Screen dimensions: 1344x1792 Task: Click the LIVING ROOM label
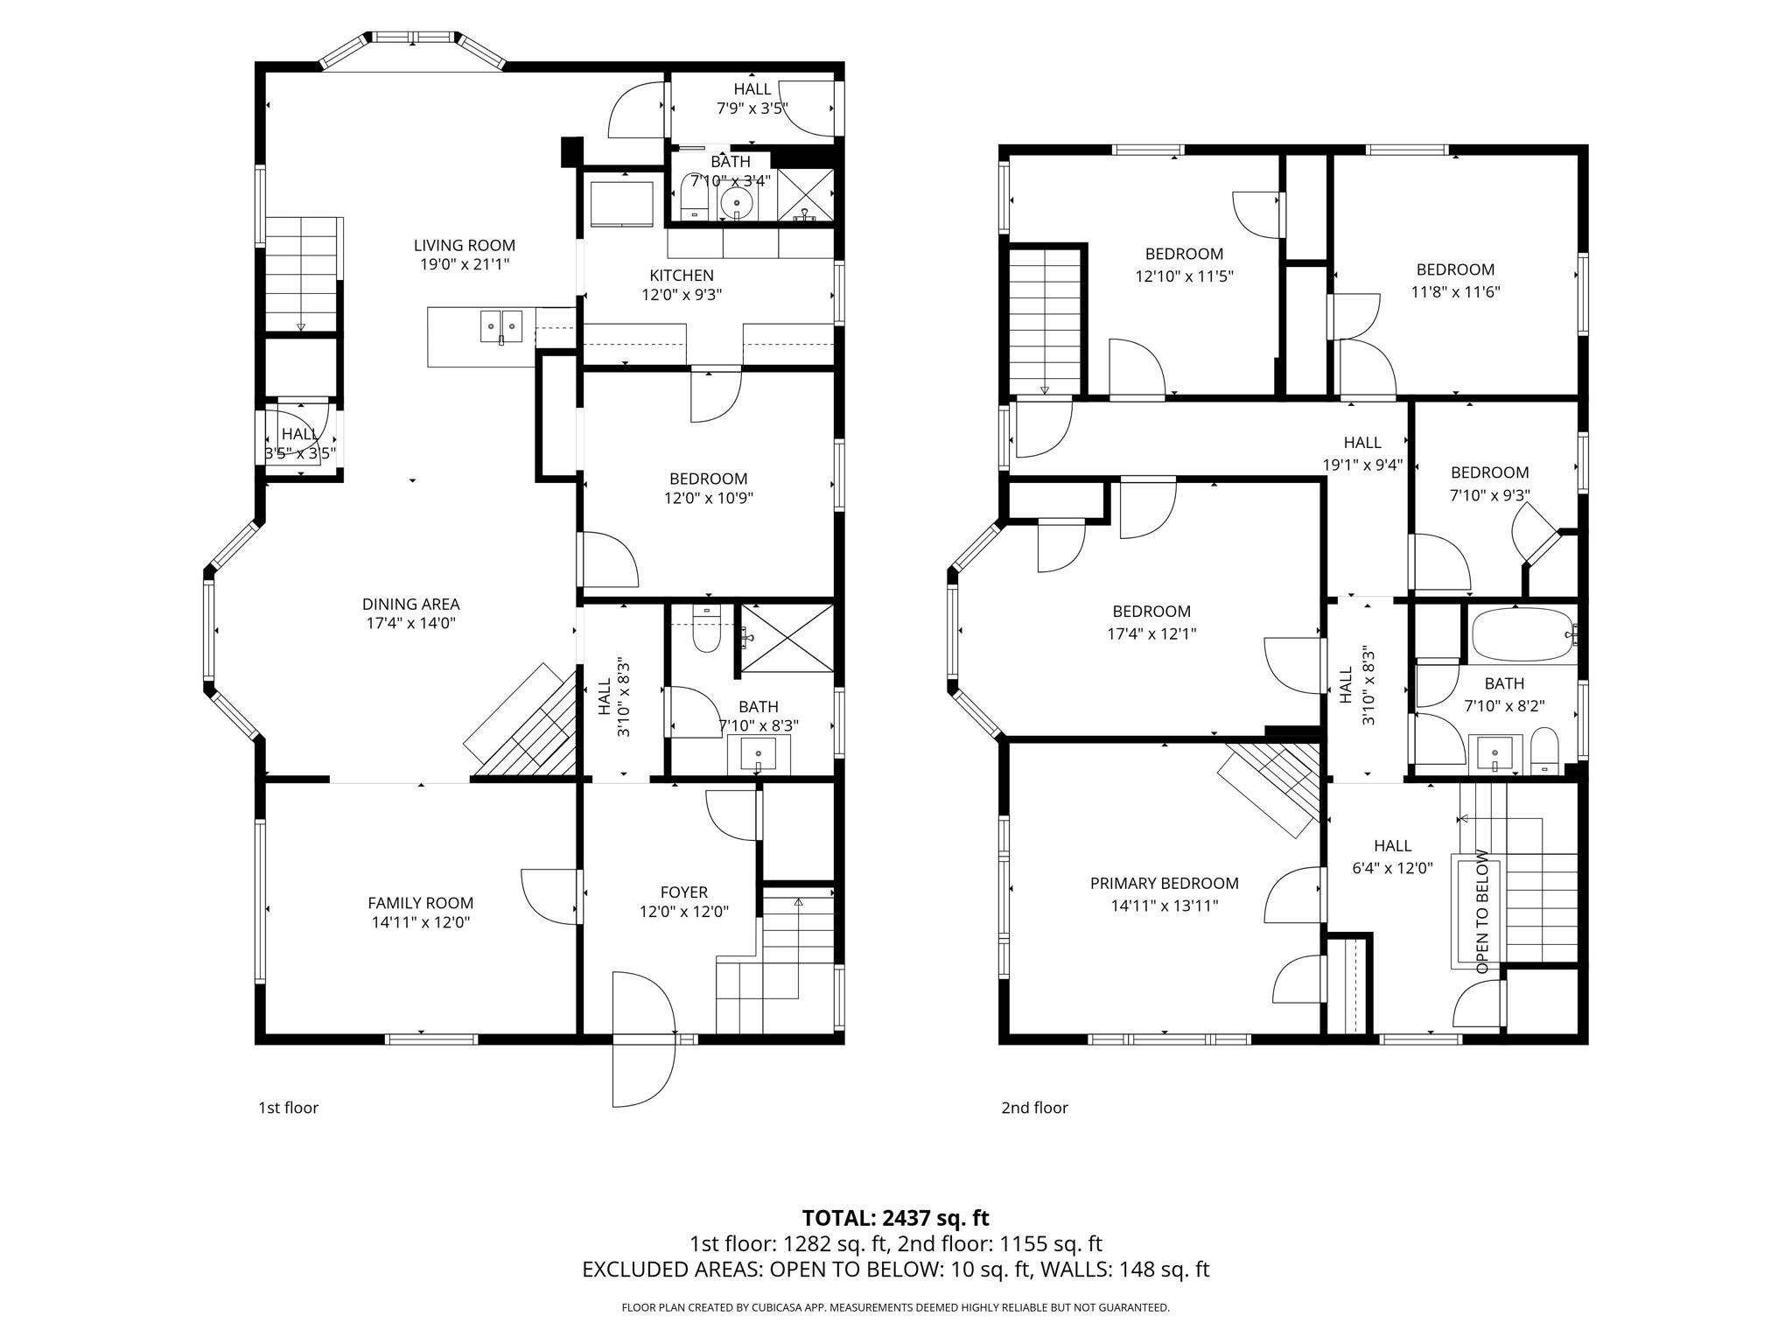point(464,246)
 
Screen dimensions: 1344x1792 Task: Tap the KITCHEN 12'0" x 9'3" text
point(682,285)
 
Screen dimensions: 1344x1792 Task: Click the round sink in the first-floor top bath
point(737,205)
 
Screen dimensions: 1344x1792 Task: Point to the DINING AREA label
point(410,605)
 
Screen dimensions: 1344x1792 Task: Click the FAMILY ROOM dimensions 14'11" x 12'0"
point(421,921)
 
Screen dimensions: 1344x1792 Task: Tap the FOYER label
point(683,892)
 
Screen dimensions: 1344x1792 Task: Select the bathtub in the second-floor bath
point(1521,635)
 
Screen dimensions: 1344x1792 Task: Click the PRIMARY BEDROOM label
point(1164,883)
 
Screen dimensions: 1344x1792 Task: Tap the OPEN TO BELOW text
point(1482,911)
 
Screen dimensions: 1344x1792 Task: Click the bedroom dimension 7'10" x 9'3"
point(1489,494)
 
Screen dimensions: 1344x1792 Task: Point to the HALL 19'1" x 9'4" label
point(1362,453)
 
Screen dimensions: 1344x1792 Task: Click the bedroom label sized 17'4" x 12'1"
point(1151,612)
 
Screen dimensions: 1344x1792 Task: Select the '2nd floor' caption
point(1034,1108)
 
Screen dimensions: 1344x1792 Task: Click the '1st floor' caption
point(288,1108)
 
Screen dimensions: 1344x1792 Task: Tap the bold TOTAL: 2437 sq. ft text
point(895,1217)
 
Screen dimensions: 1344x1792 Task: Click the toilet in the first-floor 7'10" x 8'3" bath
point(705,633)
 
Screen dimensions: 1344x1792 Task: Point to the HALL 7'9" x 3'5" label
point(752,98)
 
